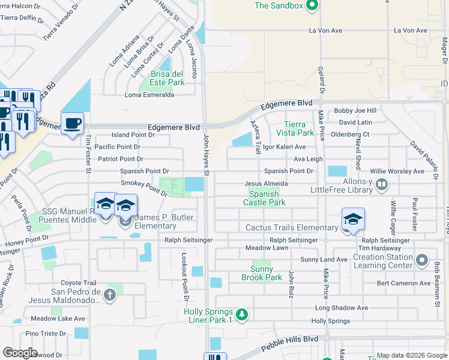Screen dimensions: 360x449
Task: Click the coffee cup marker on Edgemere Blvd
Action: [x=72, y=124]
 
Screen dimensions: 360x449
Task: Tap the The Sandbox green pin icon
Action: [x=311, y=6]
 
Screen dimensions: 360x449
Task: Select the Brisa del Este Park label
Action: [x=167, y=78]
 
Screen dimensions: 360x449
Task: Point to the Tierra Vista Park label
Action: [x=295, y=128]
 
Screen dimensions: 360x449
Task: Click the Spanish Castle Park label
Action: [x=264, y=199]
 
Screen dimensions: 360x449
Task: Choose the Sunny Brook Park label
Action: [x=261, y=274]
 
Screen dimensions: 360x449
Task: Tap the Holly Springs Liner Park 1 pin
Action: [x=241, y=314]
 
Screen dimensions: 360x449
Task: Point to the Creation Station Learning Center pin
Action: [x=423, y=260]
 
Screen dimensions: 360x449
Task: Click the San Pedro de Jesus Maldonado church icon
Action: [x=109, y=295]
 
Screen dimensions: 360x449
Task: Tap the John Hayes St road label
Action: [x=205, y=155]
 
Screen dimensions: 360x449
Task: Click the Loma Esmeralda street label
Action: [x=149, y=95]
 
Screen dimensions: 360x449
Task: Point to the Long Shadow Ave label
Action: [x=341, y=308]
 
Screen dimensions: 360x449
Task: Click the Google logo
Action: [x=20, y=353]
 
